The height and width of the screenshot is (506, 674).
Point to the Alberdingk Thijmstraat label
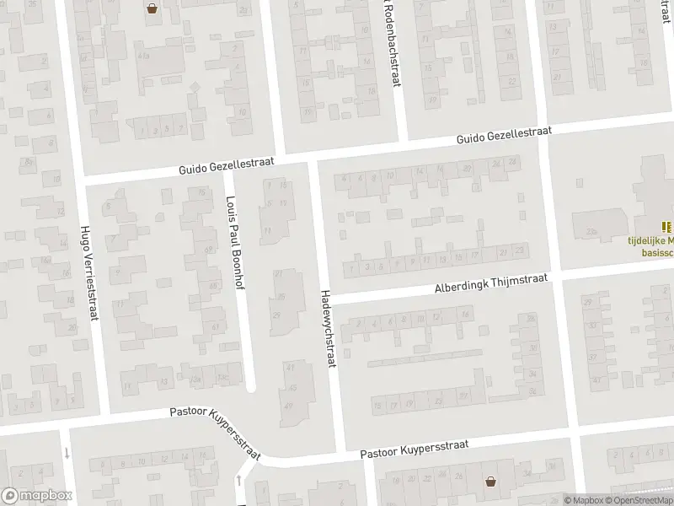tap(490, 283)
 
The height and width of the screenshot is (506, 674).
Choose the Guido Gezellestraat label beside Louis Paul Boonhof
tap(222, 166)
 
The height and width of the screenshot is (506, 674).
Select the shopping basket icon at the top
tap(152, 10)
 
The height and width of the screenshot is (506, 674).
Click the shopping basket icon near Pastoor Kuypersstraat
tap(490, 482)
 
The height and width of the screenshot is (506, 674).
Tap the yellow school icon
tap(667, 226)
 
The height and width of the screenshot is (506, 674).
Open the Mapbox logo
tap(35, 496)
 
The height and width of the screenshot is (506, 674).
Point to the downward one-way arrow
tap(66, 452)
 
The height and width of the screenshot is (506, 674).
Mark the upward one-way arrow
tap(239, 481)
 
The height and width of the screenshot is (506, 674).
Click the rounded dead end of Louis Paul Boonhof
tap(250, 387)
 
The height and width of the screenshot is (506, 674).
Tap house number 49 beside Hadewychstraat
tap(291, 406)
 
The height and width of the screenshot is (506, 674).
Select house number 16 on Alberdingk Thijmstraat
tap(465, 315)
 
